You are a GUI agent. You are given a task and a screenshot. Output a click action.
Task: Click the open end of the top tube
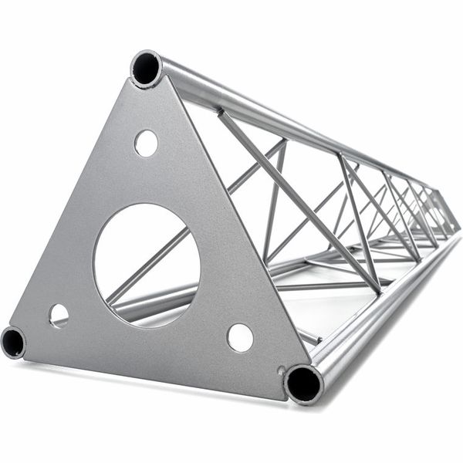point(145,69)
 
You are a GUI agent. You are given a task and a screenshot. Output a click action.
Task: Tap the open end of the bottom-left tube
point(13,342)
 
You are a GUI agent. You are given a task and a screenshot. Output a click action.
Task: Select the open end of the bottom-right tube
point(302,384)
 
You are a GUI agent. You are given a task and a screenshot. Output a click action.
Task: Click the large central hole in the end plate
point(147,255)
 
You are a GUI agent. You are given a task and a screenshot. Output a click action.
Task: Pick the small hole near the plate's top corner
point(146,143)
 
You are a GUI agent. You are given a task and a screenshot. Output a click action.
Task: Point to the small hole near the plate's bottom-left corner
point(59,314)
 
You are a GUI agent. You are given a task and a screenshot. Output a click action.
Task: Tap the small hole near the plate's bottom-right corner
point(240,337)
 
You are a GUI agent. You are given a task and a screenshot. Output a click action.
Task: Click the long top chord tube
point(309,131)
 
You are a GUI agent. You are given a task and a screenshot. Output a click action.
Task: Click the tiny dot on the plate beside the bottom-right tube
point(282,368)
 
